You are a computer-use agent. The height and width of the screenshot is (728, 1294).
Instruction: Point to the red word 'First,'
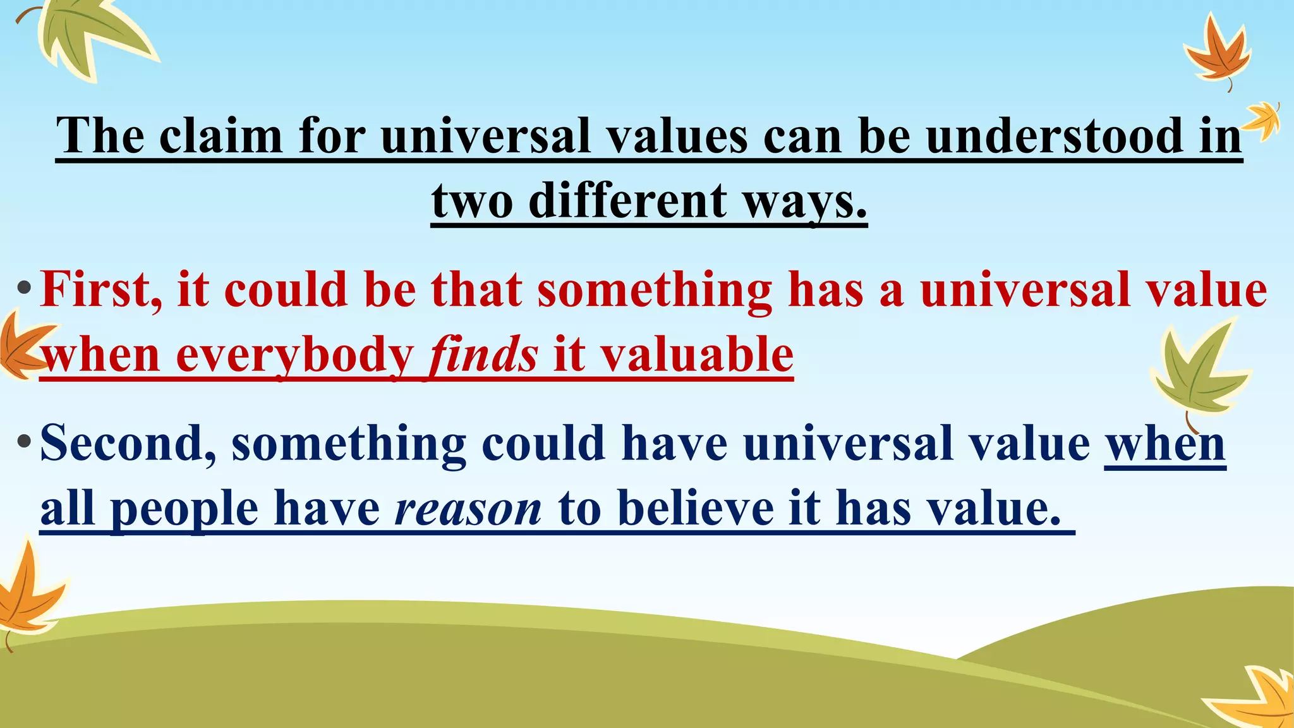pos(101,289)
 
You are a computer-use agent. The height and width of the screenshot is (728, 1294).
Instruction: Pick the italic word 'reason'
pos(468,509)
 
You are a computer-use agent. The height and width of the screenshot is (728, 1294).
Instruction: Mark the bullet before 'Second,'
pos(24,442)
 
